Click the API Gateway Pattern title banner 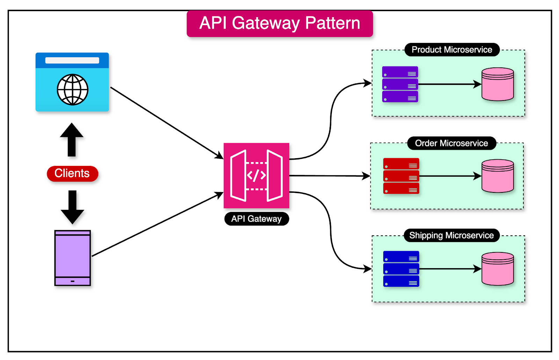pyautogui.click(x=279, y=24)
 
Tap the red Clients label pyautogui.click(x=72, y=174)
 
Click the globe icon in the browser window pyautogui.click(x=72, y=89)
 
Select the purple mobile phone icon pyautogui.click(x=72, y=258)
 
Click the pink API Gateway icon pyautogui.click(x=256, y=175)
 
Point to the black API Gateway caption pyautogui.click(x=256, y=219)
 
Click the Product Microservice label pyautogui.click(x=452, y=50)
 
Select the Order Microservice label pyautogui.click(x=451, y=143)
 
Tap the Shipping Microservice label pyautogui.click(x=451, y=235)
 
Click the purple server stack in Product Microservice pyautogui.click(x=400, y=84)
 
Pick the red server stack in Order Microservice pyautogui.click(x=401, y=176)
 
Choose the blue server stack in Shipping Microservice pyautogui.click(x=401, y=269)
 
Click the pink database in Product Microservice pyautogui.click(x=498, y=84)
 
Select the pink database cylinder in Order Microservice pyautogui.click(x=498, y=176)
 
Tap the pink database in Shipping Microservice pyautogui.click(x=498, y=269)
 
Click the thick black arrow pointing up pyautogui.click(x=72, y=140)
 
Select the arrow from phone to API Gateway pyautogui.click(x=157, y=225)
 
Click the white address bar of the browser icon pyautogui.click(x=72, y=60)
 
